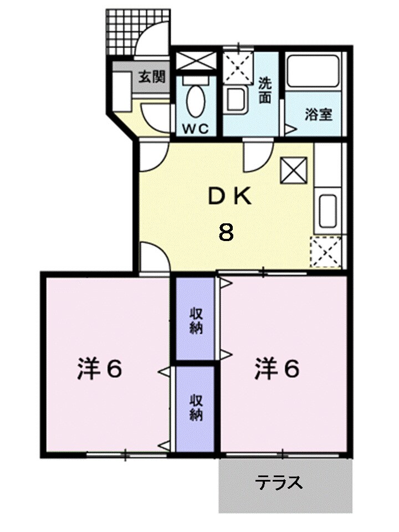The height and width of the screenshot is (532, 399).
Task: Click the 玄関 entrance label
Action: (x=151, y=76)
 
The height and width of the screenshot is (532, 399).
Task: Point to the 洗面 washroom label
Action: (x=265, y=90)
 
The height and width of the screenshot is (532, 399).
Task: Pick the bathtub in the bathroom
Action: (x=313, y=70)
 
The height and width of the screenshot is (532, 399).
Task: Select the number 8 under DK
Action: (x=226, y=232)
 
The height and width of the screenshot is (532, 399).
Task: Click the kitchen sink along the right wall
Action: (x=328, y=210)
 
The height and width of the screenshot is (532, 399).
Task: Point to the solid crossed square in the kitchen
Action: (x=294, y=170)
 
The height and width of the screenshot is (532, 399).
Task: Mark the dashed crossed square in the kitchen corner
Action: (x=326, y=252)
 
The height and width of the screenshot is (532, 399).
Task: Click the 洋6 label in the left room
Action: (x=99, y=370)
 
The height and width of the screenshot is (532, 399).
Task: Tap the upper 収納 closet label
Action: (x=195, y=320)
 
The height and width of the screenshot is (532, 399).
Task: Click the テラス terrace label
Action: (x=279, y=483)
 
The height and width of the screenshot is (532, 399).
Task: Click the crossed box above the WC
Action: (x=196, y=60)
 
